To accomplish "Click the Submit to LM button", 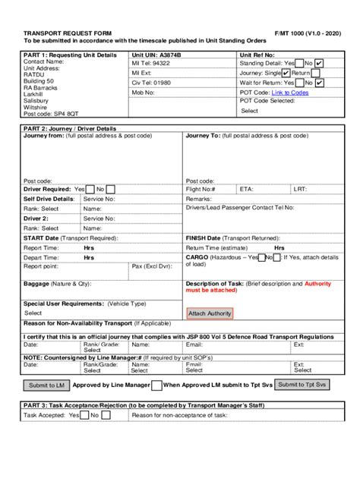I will coord(47,385).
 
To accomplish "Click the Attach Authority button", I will coord(209,313).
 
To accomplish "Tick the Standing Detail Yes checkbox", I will coord(299,63).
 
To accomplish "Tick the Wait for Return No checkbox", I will coord(320,83).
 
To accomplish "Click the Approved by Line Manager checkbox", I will coord(156,385).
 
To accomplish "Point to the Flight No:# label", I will coord(201,189).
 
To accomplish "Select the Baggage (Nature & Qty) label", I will coord(57,283).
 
